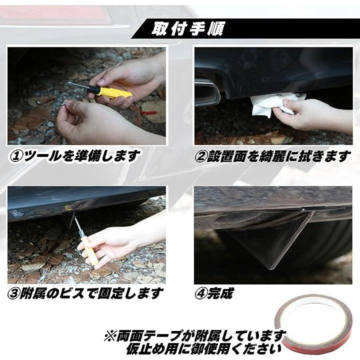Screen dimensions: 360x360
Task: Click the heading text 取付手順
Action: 187,29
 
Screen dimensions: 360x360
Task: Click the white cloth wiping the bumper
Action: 276,104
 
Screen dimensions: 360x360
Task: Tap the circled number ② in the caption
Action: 201,156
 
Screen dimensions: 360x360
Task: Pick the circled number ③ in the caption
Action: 13,294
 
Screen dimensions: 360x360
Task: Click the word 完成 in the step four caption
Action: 220,293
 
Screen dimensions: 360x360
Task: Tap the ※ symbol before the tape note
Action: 110,336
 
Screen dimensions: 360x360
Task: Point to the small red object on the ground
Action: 149,112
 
